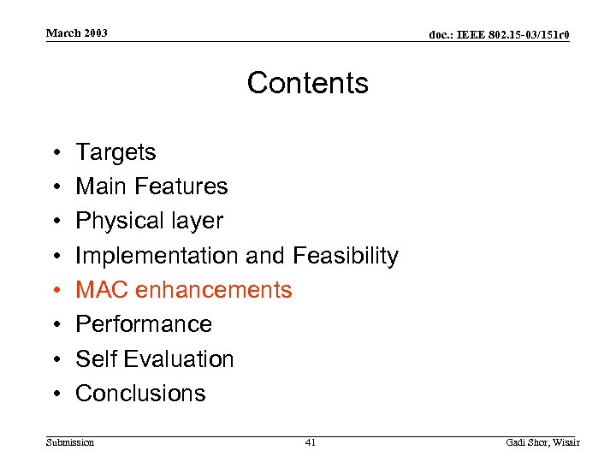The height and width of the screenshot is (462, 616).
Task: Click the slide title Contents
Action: coord(308,83)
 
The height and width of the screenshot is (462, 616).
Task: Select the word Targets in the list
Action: coord(115,152)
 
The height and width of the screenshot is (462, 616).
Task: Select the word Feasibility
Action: coord(346,256)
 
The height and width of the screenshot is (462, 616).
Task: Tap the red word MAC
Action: coord(99,290)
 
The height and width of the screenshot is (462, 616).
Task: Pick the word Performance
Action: coord(144,324)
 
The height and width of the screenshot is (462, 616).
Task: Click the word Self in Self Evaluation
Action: coord(92,358)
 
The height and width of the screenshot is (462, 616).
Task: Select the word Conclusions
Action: coord(141,394)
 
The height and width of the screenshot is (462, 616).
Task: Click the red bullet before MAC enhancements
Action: coord(53,290)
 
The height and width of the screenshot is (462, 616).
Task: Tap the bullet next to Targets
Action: coord(53,152)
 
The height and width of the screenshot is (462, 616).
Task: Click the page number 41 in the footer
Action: coord(310,442)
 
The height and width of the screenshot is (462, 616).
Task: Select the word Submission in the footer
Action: coord(70,442)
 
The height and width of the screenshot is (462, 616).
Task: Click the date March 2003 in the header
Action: coord(77,33)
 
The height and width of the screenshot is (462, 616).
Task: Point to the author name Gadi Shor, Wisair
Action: coord(542,442)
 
